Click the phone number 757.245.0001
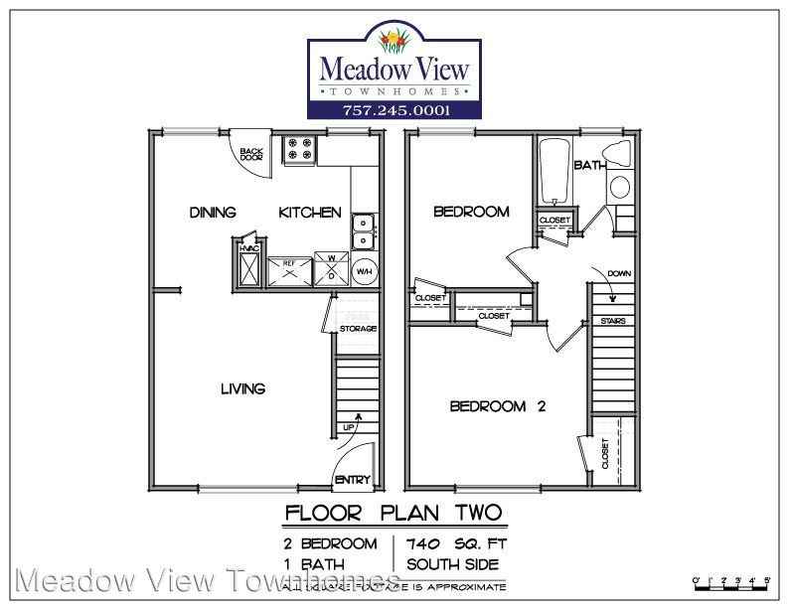[x=394, y=109]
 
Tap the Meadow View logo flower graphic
[x=395, y=42]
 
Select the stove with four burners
[x=299, y=150]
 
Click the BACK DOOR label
[x=251, y=154]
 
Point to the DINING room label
[x=213, y=213]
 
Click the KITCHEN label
[x=310, y=213]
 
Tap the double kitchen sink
[x=364, y=230]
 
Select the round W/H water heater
[x=364, y=270]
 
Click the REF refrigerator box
[x=290, y=269]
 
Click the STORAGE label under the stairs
[x=358, y=329]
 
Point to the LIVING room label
[x=242, y=388]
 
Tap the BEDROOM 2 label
[x=498, y=405]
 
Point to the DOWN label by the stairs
[x=617, y=273]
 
